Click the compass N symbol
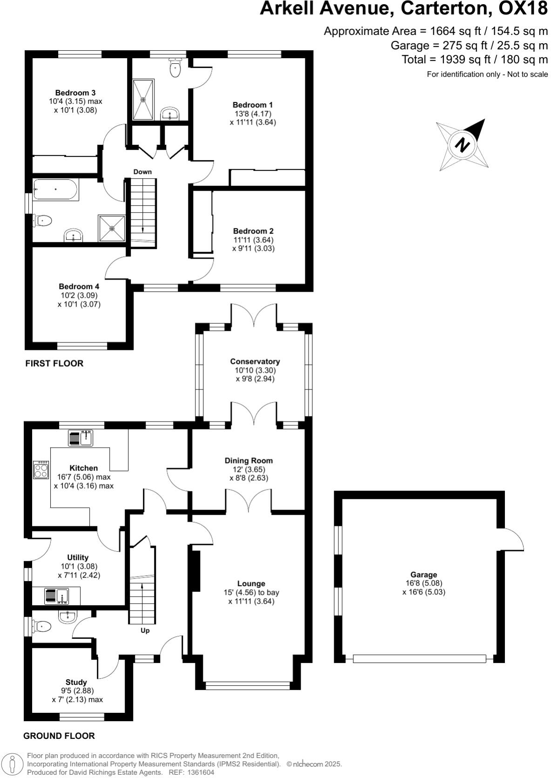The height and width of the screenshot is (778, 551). pos(462,145)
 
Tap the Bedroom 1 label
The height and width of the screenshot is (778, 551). pos(253,105)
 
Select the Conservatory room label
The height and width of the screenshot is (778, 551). pos(255,362)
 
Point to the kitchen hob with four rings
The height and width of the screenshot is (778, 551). pos(40,470)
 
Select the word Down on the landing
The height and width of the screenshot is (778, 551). pos(142,172)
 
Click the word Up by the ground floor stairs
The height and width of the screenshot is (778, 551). pos(145,631)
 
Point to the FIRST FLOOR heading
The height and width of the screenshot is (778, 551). pos(54,363)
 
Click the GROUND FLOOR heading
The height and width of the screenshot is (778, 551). pos(59,736)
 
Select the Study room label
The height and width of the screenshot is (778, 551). pos(76,682)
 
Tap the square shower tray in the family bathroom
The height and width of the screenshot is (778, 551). pos(112,228)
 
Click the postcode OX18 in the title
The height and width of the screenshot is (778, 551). pos(523,8)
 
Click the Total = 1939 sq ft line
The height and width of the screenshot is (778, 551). pos(475,60)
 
